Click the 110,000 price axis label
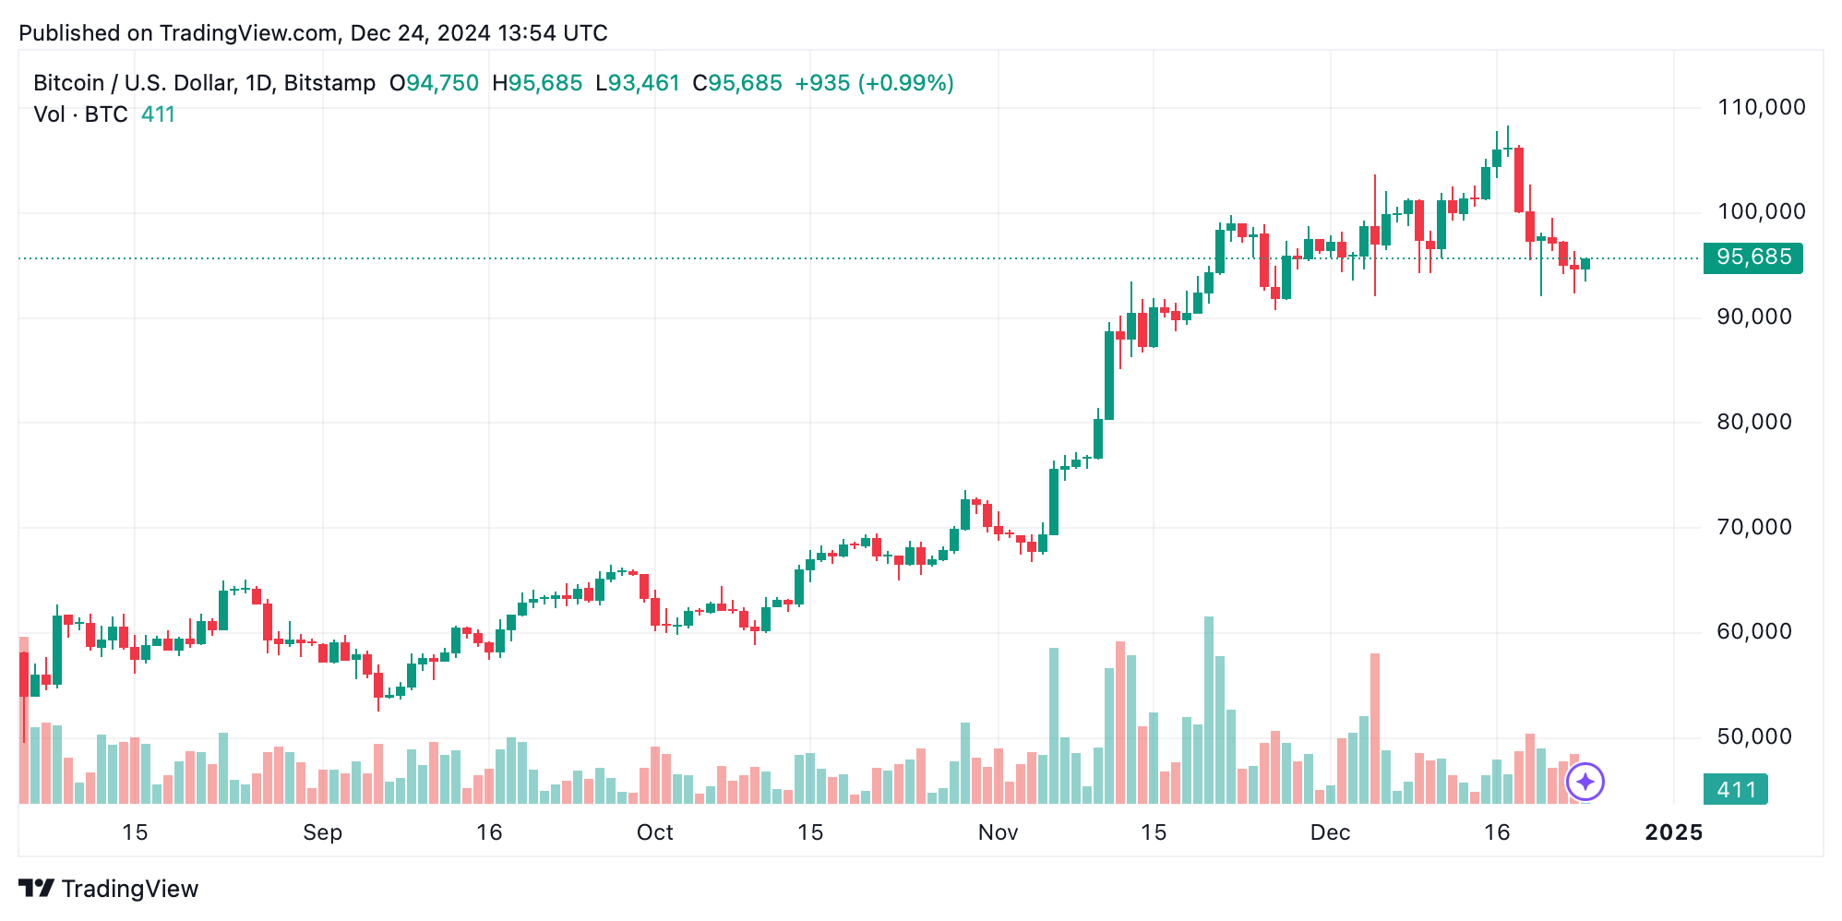point(1761,107)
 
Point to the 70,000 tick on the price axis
point(1753,527)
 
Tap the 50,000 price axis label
point(1753,736)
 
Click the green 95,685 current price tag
point(1752,257)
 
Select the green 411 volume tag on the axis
point(1735,790)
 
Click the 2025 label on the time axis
point(1673,832)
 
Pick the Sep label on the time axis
point(322,832)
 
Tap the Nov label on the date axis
point(998,832)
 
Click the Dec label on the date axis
point(1330,832)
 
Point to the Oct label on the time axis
point(654,832)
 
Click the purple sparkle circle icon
point(1585,783)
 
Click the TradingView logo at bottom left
point(109,889)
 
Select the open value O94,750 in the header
point(434,83)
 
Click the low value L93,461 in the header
point(638,83)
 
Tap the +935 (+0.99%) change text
point(874,83)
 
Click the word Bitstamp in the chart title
point(329,83)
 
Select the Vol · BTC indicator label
point(80,114)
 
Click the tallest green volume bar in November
point(1209,711)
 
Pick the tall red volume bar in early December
point(1375,729)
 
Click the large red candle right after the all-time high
point(1519,180)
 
